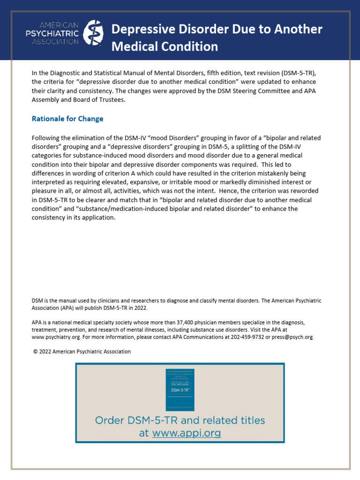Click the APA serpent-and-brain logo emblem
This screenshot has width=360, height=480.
(93, 33)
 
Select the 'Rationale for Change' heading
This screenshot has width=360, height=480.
(67, 119)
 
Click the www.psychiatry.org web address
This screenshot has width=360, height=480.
(54, 337)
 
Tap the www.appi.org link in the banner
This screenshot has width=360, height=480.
(186, 433)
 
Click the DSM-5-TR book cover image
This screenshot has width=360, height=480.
(180, 389)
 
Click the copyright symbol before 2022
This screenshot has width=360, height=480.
(35, 351)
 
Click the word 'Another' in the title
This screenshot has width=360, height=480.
(299, 30)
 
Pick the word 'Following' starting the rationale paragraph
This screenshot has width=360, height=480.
(46, 138)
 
